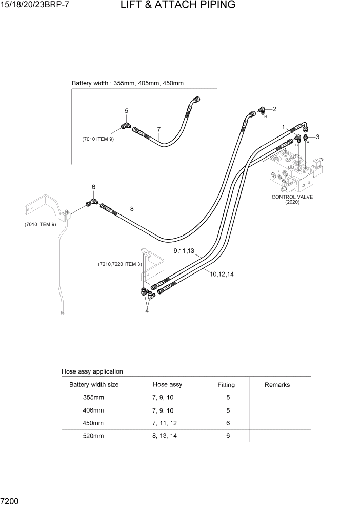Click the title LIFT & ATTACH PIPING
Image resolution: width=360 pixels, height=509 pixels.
click(x=178, y=6)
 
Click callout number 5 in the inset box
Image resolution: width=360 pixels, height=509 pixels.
click(x=126, y=110)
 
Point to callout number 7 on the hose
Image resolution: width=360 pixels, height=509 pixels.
click(x=159, y=129)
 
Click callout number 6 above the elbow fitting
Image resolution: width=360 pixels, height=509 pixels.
click(x=93, y=187)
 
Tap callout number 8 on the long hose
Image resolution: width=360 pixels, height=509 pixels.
click(x=132, y=209)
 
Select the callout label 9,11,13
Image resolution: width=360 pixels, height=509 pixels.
click(x=184, y=251)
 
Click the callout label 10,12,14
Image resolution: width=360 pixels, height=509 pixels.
click(x=222, y=274)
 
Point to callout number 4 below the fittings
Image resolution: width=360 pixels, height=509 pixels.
click(x=147, y=310)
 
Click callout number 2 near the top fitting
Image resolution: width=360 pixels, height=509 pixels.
click(x=274, y=109)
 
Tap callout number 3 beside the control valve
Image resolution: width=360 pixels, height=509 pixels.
click(x=317, y=136)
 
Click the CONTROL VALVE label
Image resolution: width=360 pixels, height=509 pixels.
click(x=292, y=197)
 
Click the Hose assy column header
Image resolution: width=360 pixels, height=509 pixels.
click(x=167, y=384)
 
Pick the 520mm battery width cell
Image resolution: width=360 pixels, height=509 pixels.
click(x=93, y=435)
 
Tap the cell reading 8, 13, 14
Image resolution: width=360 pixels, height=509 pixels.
click(x=167, y=435)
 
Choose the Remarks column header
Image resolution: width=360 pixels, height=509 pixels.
click(x=277, y=384)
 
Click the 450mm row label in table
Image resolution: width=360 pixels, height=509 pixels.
click(x=93, y=423)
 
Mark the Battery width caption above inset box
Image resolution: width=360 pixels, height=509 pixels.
click(x=128, y=83)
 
